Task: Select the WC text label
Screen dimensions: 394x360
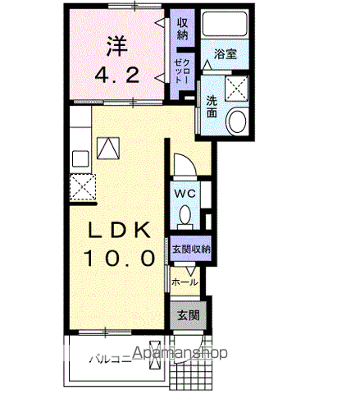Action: tap(185, 193)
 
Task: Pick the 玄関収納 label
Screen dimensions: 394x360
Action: tap(190, 248)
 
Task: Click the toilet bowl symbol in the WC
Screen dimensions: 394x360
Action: tap(185, 215)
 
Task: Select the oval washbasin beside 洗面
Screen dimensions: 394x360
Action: tap(236, 123)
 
